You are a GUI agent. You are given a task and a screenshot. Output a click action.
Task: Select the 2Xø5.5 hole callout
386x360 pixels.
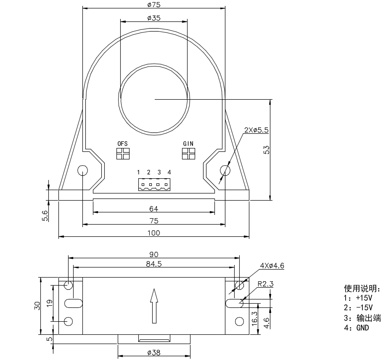coord(256,130)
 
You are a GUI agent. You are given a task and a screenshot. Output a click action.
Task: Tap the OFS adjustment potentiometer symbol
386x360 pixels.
coord(123,154)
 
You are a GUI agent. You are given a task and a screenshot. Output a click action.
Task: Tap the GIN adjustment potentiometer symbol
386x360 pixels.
coord(188,154)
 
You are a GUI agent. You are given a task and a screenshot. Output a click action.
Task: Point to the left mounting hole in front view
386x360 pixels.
coord(82,170)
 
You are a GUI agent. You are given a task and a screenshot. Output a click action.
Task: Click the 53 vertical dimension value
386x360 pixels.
coord(266,150)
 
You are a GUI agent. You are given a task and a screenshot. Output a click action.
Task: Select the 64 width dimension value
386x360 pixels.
coord(153,209)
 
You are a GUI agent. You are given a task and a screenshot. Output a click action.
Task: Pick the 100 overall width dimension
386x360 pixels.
coord(154,233)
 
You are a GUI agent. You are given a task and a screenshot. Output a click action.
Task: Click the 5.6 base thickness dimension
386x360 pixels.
coord(45,215)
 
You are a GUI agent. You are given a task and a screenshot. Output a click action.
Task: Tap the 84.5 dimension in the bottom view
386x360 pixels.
coord(154,264)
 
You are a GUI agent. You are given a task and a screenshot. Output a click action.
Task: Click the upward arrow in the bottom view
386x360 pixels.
coord(154,306)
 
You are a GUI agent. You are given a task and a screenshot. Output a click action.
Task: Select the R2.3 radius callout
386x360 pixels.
coord(265,284)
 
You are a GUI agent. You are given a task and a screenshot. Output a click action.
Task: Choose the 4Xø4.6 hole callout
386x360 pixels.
coord(272,266)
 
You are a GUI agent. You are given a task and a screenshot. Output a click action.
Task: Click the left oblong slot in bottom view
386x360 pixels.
coord(73,303)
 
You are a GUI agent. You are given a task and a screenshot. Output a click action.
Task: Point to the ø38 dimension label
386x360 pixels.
coord(154,353)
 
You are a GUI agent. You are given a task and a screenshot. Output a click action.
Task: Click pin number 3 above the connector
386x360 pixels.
coord(159,172)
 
